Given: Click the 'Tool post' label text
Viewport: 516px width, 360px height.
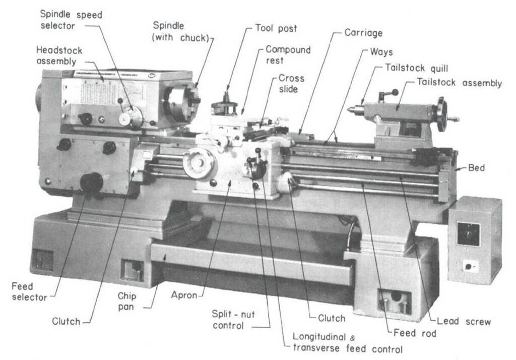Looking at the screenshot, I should (x=276, y=29).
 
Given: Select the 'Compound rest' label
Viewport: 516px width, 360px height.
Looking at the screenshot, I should (x=288, y=55).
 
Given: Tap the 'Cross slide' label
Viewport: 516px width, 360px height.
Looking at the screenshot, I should (x=291, y=84).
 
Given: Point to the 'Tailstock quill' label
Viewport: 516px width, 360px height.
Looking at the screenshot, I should (x=416, y=68).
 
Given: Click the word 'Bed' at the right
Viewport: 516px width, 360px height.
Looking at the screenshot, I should (x=476, y=168).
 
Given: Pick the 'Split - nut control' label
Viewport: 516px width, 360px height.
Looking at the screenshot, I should (x=234, y=320).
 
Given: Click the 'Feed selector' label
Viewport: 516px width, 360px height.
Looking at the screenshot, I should (x=29, y=292).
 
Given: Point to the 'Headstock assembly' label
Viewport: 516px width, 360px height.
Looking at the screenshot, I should (x=59, y=56).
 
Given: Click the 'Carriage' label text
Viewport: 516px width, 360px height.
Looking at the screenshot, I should (x=363, y=33).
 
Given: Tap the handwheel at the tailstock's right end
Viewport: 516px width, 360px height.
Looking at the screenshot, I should (x=441, y=114).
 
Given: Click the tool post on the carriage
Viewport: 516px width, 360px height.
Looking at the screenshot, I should (x=225, y=106).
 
